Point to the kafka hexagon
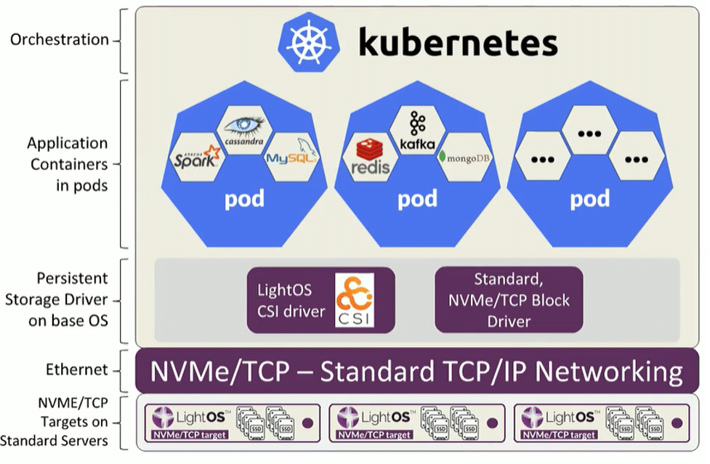click(417, 131)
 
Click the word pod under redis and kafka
click(417, 198)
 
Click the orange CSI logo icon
click(354, 299)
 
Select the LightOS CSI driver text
click(291, 300)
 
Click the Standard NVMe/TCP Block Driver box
click(508, 299)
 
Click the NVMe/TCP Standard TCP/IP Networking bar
click(416, 371)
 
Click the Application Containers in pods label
click(67, 164)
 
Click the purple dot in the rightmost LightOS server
click(678, 422)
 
